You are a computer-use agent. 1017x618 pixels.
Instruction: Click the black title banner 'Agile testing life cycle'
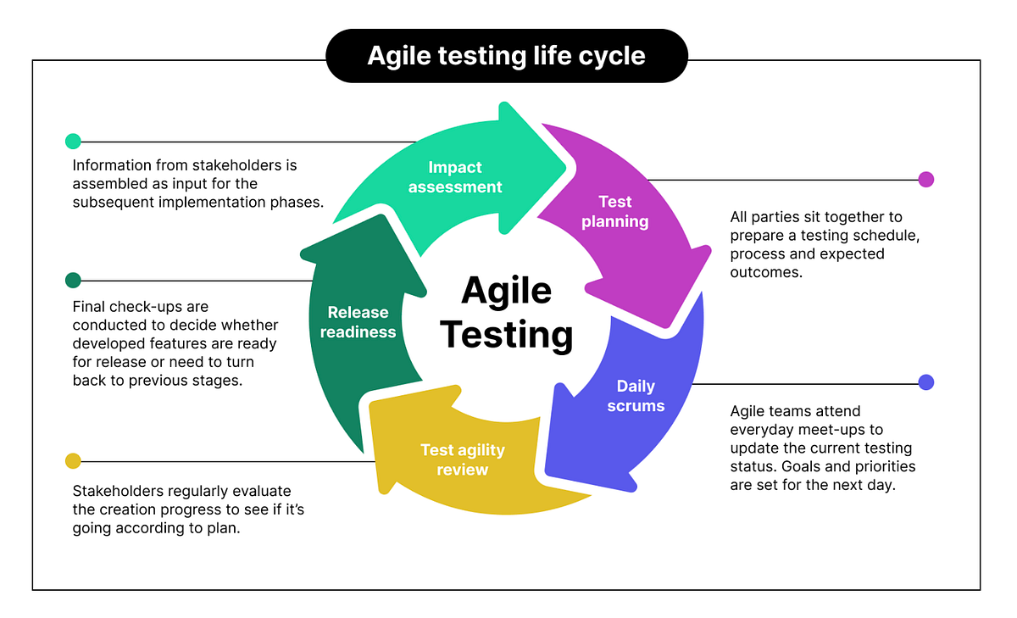(506, 56)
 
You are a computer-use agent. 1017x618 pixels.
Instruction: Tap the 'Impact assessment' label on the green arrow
(455, 177)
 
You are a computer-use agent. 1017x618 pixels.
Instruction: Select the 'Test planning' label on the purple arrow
(615, 212)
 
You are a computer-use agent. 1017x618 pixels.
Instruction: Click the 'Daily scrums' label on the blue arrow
(636, 396)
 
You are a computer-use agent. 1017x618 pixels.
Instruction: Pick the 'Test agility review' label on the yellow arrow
(462, 459)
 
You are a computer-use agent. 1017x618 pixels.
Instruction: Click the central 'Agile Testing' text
(507, 313)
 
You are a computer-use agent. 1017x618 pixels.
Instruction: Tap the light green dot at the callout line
(73, 142)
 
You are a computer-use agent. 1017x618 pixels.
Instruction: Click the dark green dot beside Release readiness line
(73, 281)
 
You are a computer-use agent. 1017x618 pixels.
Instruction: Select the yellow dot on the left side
(73, 461)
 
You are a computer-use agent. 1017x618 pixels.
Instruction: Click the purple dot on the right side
(926, 180)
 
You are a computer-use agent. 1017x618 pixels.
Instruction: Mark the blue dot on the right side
(926, 382)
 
